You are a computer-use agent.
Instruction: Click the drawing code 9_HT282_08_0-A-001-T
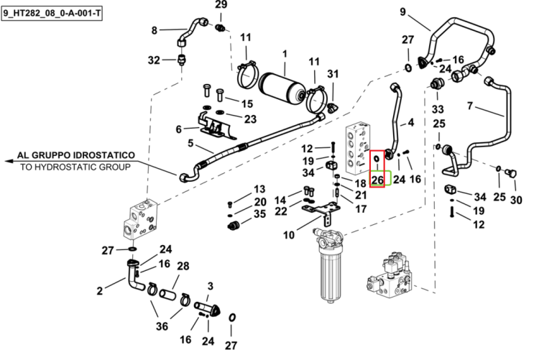coord(52,14)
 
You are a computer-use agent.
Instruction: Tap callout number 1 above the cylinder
coord(285,54)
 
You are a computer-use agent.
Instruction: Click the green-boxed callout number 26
coord(377,180)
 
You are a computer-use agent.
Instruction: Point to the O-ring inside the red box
coord(377,159)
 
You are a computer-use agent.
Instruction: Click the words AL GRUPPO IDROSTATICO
coord(75,155)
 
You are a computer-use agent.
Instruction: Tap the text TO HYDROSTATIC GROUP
coord(75,167)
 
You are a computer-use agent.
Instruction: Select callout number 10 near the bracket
coord(289,235)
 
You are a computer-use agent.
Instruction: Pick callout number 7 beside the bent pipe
coord(469,106)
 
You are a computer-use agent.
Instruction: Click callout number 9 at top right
coord(403,12)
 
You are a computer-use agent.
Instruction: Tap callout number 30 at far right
coord(516,200)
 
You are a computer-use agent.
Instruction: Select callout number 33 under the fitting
coord(438,109)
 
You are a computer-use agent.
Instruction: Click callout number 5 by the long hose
coord(190,143)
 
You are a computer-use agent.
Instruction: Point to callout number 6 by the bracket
coord(178,129)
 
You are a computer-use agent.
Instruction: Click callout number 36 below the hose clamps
coord(162,326)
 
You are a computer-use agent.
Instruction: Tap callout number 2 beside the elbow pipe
coord(99,291)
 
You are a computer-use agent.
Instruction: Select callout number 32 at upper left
coord(154,60)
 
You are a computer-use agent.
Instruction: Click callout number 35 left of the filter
coord(259,214)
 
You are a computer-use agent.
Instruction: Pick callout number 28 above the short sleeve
coord(183,266)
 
